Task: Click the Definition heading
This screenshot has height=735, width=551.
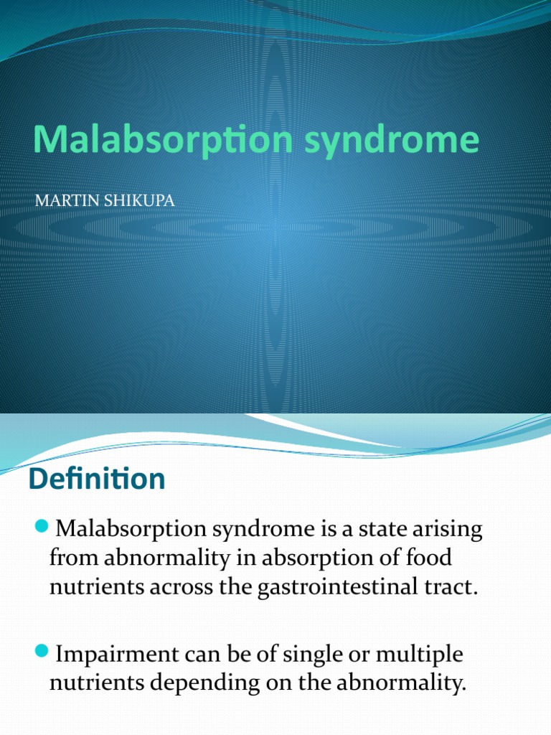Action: click(97, 479)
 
